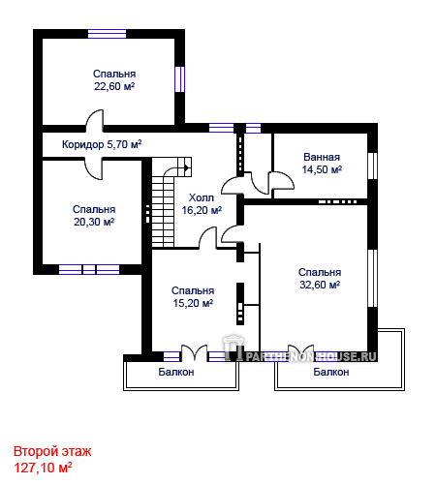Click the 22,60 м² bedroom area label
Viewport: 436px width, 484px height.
(x=114, y=86)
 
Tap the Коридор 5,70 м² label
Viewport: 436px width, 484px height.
(x=102, y=144)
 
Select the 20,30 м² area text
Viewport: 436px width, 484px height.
(x=94, y=222)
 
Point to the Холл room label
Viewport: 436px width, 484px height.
(x=202, y=197)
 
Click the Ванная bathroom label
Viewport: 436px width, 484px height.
(x=322, y=157)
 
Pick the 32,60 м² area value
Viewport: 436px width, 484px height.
(x=320, y=285)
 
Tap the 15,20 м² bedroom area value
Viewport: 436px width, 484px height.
(x=193, y=303)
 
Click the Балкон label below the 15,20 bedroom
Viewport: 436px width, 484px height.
(x=176, y=372)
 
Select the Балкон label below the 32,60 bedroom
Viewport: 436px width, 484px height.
(x=331, y=372)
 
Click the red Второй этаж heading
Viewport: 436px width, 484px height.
(x=52, y=451)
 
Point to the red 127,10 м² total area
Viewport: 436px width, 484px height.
(x=43, y=468)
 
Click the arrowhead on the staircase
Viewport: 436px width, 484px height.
(x=187, y=167)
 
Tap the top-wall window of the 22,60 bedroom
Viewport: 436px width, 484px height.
(x=107, y=34)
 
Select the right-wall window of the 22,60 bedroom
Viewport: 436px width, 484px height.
(x=180, y=79)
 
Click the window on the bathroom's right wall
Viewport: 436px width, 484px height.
(x=373, y=166)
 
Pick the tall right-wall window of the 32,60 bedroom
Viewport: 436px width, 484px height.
(x=373, y=278)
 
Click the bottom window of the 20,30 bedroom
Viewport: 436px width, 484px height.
(x=89, y=269)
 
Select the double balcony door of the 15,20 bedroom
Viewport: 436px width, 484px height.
(x=194, y=353)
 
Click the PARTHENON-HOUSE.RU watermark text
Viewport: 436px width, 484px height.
(x=311, y=356)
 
